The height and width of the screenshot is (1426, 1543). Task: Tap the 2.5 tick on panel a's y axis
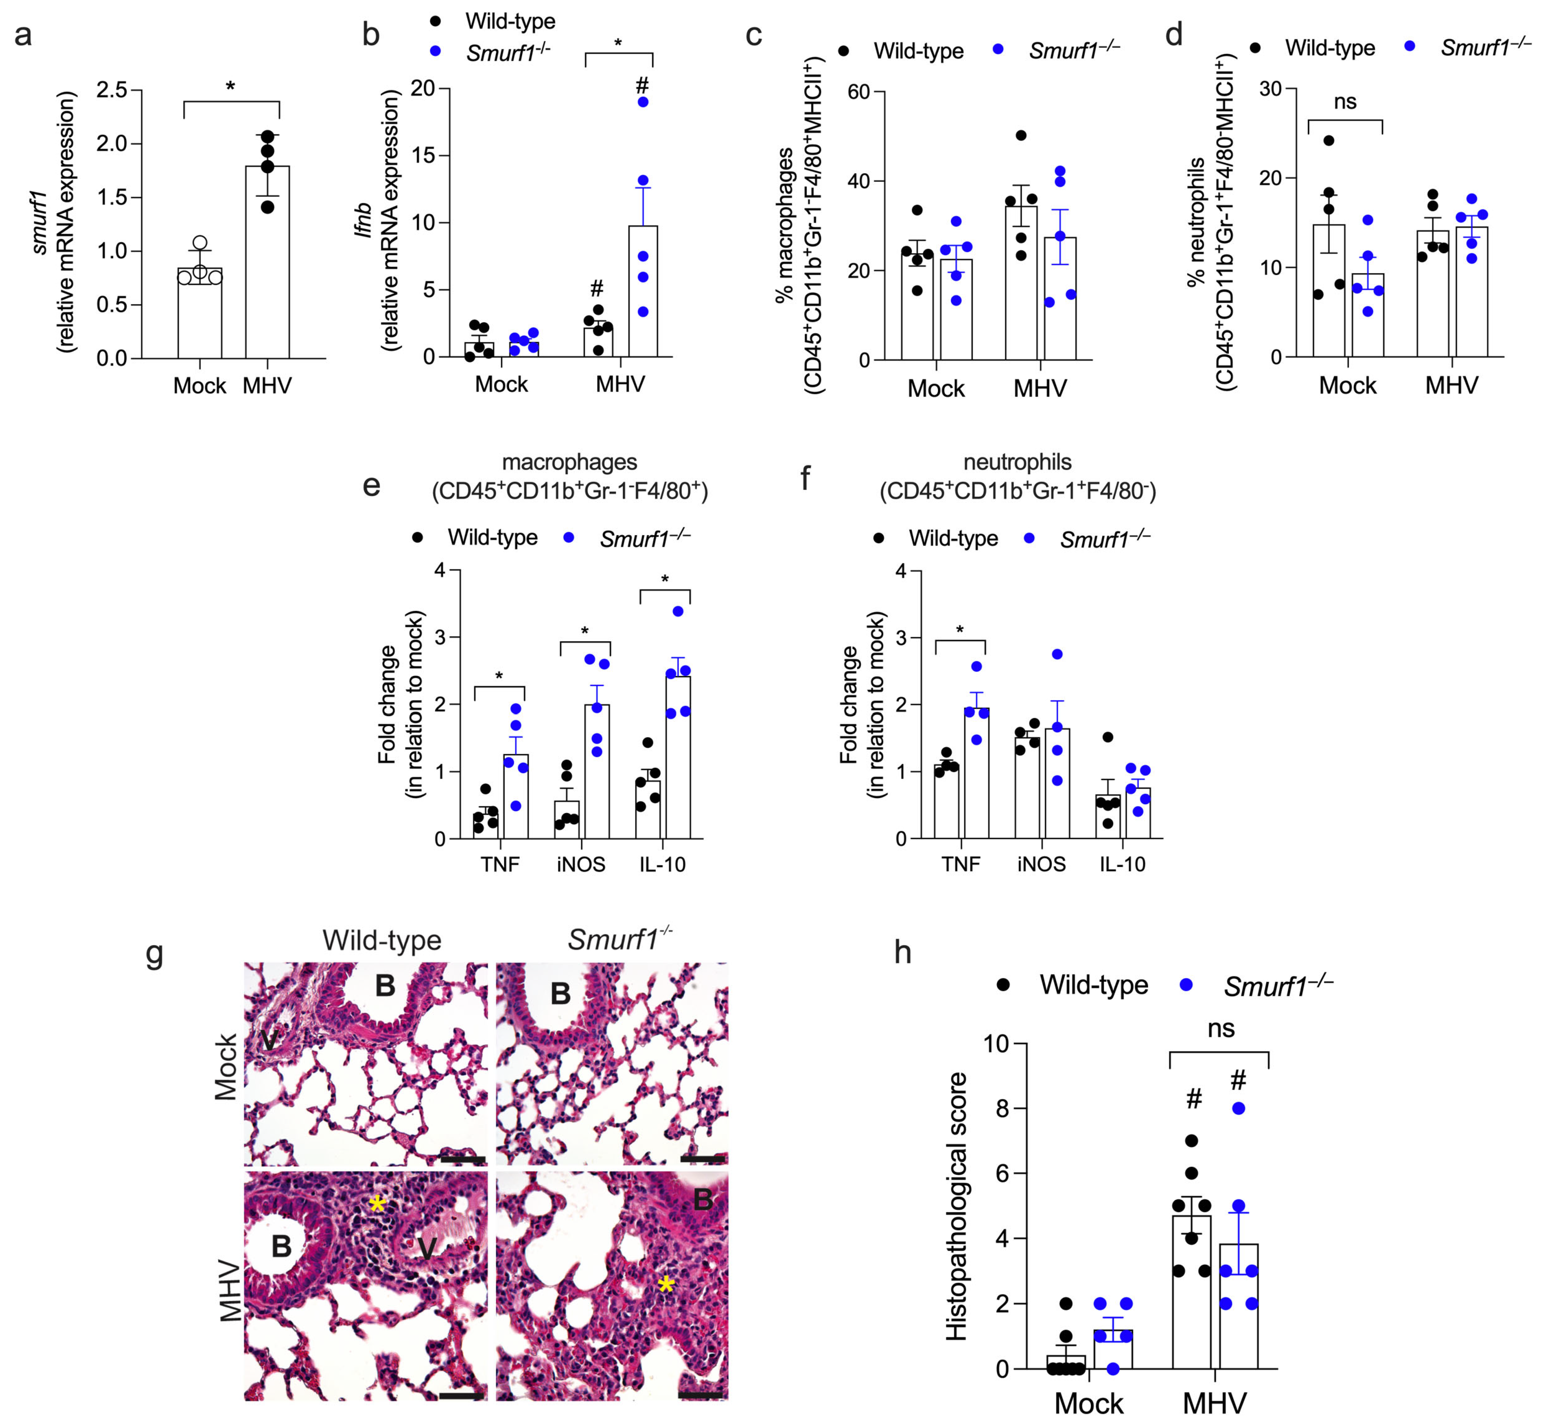(112, 90)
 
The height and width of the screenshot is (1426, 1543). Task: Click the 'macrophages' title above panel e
(570, 462)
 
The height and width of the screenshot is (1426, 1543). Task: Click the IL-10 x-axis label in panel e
(662, 864)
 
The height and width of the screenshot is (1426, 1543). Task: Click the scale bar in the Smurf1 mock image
(702, 1159)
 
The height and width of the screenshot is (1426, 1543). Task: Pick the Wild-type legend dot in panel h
(1003, 985)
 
